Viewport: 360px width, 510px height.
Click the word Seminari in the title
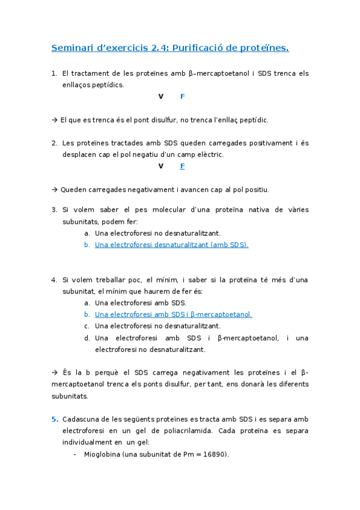point(70,48)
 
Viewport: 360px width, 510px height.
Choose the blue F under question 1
point(182,96)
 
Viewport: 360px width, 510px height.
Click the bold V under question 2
point(160,166)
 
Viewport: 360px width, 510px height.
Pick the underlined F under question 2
point(182,166)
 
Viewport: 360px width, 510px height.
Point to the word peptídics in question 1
point(108,85)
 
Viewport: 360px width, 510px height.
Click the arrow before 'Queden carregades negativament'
point(55,189)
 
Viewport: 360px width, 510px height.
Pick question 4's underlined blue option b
point(173,314)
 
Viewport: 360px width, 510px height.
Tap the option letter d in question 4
point(87,337)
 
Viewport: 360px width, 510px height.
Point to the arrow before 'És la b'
point(55,372)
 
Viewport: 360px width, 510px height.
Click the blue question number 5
point(54,419)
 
